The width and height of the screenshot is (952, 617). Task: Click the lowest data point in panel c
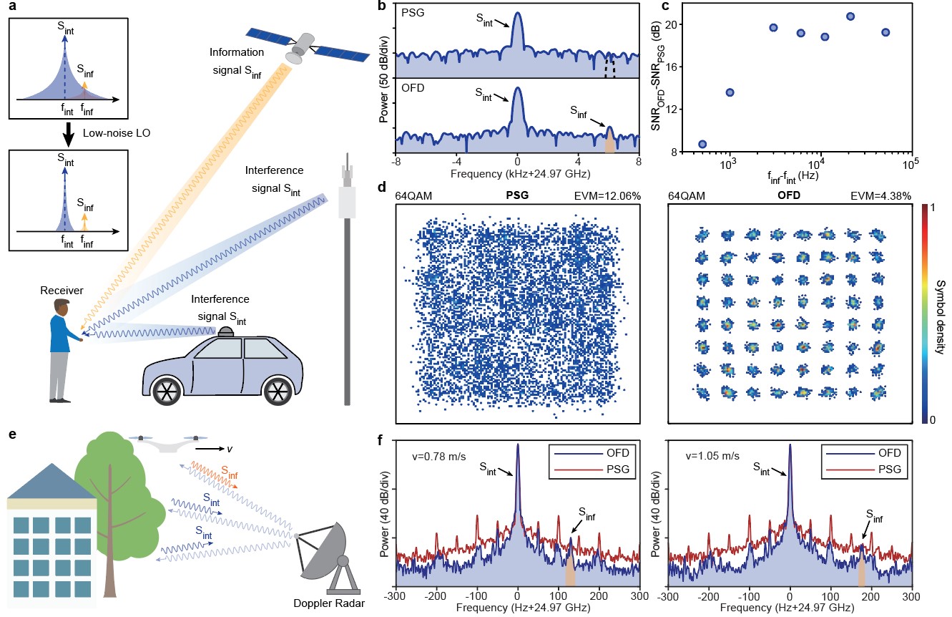click(702, 144)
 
